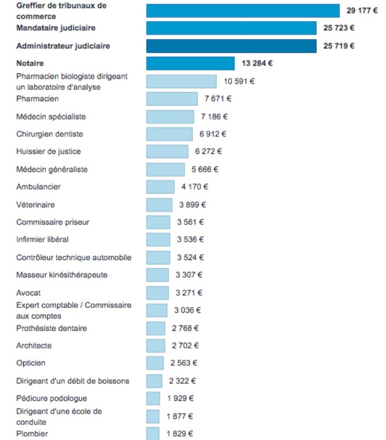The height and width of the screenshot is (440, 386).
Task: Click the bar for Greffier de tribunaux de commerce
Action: [x=243, y=11]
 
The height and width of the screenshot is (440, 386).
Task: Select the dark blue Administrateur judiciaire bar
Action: [x=231, y=46]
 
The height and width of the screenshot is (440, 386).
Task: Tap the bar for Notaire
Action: [x=191, y=63]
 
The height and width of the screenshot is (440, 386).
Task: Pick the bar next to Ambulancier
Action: [x=160, y=187]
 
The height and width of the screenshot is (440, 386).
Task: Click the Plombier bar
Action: [x=153, y=434]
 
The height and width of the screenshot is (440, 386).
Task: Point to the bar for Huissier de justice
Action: [x=167, y=151]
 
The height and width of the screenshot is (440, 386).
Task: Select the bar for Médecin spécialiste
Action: [x=170, y=117]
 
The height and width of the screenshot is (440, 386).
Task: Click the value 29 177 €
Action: [x=362, y=11]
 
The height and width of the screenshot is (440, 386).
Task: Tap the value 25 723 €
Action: [x=338, y=28]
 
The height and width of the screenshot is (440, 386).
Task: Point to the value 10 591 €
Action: [x=239, y=82]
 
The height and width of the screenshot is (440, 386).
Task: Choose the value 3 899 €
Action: [x=192, y=205]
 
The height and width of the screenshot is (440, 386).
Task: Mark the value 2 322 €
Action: [x=183, y=381]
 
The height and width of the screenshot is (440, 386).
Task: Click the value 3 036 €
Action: [x=187, y=310]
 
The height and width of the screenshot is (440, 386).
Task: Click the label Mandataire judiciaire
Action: [x=56, y=28]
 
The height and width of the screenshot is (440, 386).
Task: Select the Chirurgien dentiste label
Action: [x=50, y=134]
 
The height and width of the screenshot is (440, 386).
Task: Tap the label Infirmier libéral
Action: [x=42, y=239]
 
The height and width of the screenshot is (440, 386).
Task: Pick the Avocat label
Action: [x=28, y=293]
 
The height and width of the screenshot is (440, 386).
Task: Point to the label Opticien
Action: [x=30, y=363]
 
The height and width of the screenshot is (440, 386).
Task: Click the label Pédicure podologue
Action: [x=52, y=398]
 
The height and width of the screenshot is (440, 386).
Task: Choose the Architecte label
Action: [x=34, y=346]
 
